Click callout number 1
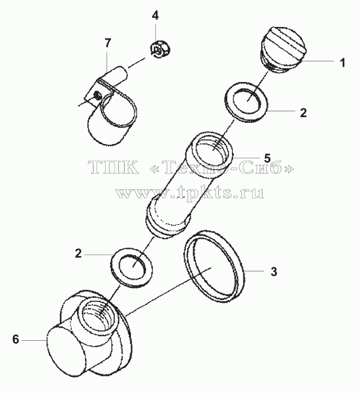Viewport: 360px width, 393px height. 342,63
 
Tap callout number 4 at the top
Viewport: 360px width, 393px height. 155,15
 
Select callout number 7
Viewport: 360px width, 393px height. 107,43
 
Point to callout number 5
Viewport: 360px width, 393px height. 267,158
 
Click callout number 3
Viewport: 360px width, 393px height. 274,271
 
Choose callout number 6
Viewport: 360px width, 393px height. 16,340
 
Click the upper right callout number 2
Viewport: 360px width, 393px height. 303,113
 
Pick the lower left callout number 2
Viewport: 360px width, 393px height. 78,254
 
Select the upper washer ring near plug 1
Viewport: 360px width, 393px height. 246,101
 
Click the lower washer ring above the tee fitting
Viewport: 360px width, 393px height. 132,267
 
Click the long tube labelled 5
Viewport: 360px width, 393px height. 189,186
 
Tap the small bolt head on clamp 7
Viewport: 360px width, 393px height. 97,95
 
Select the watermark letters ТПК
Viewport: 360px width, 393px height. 113,167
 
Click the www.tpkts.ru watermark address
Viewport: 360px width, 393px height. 189,193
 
